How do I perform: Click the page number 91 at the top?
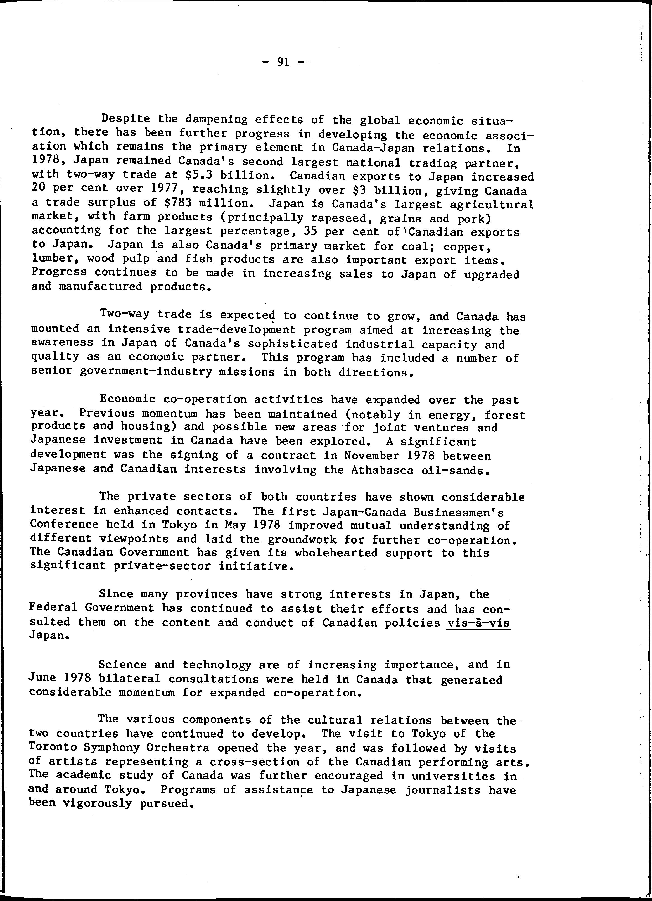(x=283, y=62)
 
